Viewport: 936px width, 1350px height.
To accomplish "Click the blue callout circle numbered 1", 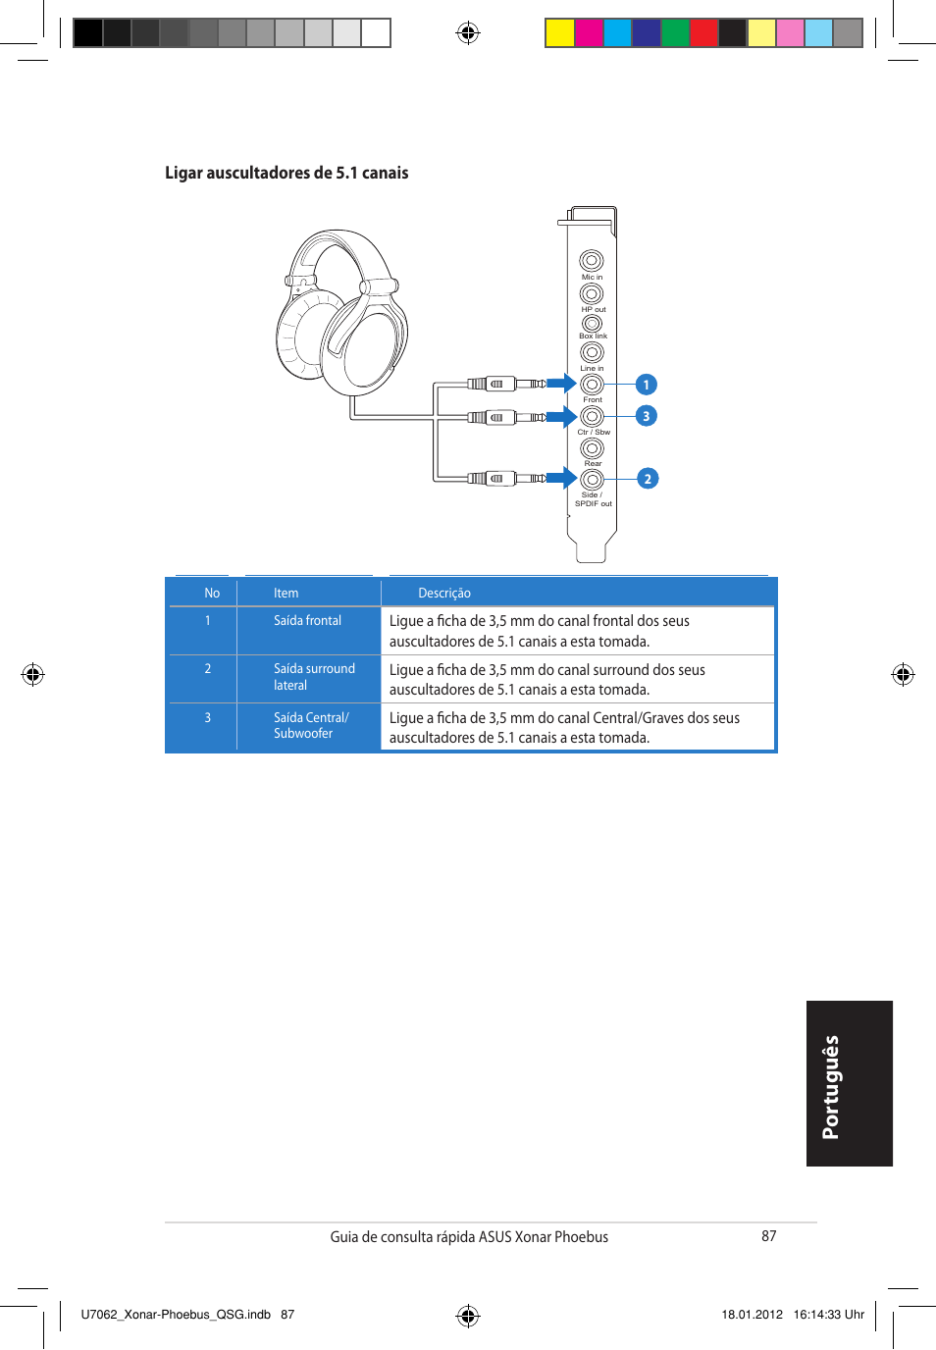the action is (647, 385).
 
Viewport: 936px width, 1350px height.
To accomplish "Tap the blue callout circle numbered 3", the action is (647, 416).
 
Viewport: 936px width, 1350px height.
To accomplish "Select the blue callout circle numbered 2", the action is (648, 479).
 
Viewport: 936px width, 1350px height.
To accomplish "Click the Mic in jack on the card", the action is (592, 261).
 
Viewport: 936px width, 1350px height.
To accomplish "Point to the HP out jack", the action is (592, 293).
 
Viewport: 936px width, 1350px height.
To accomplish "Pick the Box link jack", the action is (592, 324).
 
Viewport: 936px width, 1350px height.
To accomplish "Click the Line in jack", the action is (592, 352).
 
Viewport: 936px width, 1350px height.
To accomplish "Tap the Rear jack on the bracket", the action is (592, 447).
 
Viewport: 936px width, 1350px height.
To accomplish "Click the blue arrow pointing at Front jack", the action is (562, 384).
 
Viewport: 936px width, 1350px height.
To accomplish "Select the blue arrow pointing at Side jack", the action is (562, 478).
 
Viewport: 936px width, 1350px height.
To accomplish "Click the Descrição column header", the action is (444, 593).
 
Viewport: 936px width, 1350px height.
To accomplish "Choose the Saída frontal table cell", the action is (307, 620).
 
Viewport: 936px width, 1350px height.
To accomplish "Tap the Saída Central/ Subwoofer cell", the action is (311, 725).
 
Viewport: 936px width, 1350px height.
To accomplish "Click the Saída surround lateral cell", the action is (314, 677).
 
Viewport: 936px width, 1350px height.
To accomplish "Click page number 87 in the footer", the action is (768, 1236).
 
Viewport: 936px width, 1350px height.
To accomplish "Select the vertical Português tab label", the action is (830, 1087).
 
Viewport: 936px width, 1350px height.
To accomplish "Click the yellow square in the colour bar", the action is (559, 32).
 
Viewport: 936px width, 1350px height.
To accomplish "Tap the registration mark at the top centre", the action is (468, 32).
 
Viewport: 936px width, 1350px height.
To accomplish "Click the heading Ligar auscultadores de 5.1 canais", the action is (286, 173).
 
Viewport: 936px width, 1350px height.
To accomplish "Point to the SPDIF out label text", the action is (593, 504).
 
